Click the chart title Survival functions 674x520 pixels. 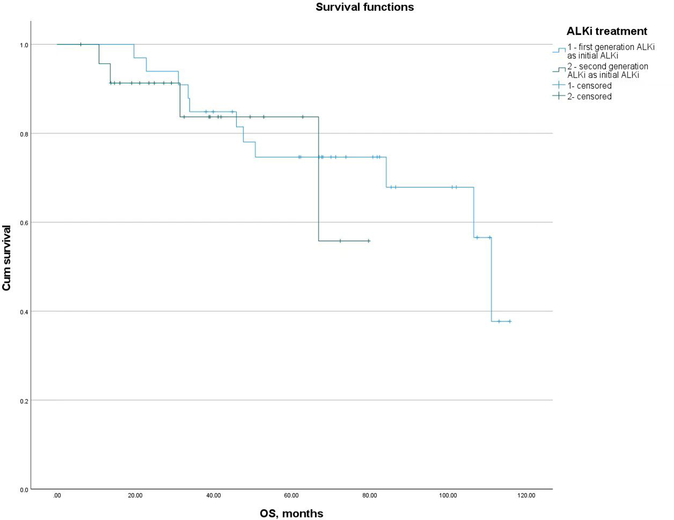coord(364,7)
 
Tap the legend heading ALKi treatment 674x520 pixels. coord(607,31)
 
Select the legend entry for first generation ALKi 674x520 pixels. coord(610,51)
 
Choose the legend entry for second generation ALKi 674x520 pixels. coord(607,71)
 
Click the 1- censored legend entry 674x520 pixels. coord(589,86)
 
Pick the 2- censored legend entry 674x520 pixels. coord(589,97)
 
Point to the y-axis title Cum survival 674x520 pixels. coord(7,258)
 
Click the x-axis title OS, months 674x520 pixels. coord(291,514)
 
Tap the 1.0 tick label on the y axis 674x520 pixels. coord(24,45)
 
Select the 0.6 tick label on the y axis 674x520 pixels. coord(24,223)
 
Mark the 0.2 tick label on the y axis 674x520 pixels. coord(24,401)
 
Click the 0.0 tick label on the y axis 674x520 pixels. coord(24,489)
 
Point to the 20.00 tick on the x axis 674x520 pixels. coord(135,496)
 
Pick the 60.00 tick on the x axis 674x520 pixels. coord(291,496)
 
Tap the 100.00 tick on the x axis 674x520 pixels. coord(448,496)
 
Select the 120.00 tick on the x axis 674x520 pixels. coord(526,496)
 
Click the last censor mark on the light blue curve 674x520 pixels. coord(510,322)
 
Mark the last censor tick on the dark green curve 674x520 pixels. coord(368,241)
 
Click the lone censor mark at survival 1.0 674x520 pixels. coord(80,45)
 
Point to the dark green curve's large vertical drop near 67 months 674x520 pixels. coord(318,179)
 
